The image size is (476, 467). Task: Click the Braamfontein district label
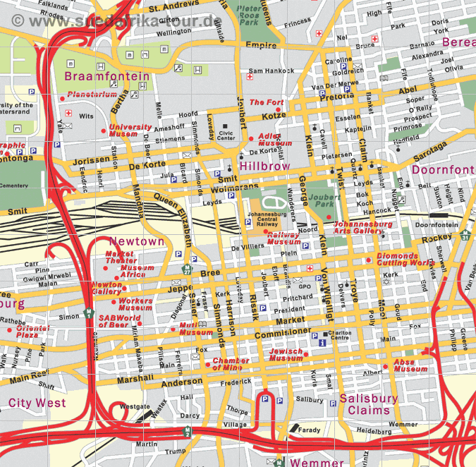pyautogui.click(x=107, y=76)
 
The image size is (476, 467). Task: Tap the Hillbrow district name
pyautogui.click(x=264, y=166)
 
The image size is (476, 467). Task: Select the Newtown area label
pyautogui.click(x=136, y=241)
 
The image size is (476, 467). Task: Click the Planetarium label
pyautogui.click(x=92, y=95)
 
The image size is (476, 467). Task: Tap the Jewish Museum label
pyautogui.click(x=286, y=355)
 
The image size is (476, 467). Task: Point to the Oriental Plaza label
pyautogui.click(x=34, y=332)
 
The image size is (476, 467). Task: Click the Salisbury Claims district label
pyautogui.click(x=368, y=404)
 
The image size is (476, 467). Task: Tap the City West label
pyautogui.click(x=37, y=403)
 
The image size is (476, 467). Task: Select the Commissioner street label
pyautogui.click(x=282, y=332)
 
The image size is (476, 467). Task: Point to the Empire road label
pyautogui.click(x=261, y=46)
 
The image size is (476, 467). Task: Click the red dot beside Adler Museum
pyautogui.click(x=250, y=138)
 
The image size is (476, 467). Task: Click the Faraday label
pyautogui.click(x=308, y=429)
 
